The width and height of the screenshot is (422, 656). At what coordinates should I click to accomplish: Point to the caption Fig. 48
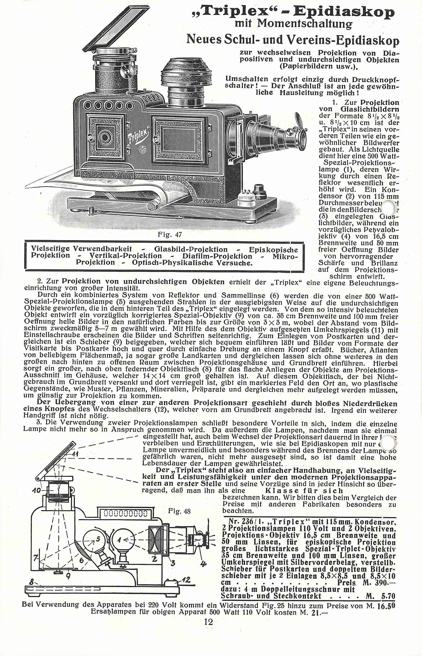coord(179,511)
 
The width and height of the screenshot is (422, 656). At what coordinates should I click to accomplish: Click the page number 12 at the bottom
coord(208,622)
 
